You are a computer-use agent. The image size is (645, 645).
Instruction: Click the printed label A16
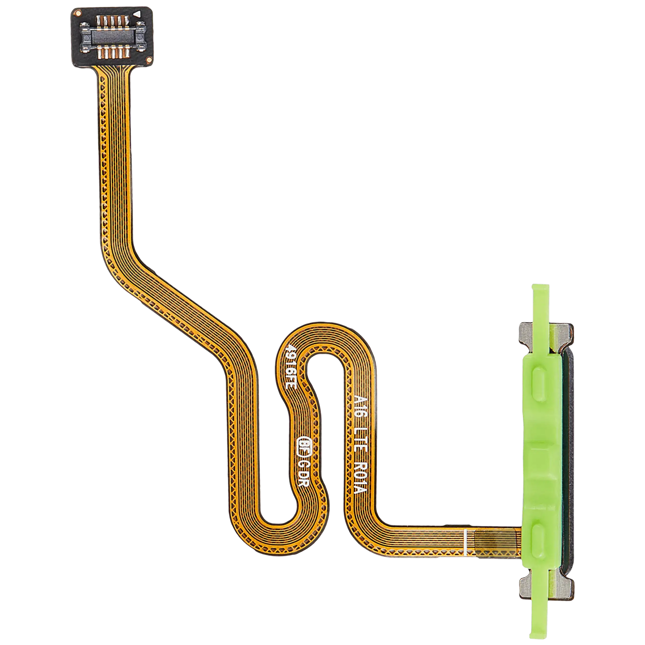click(x=358, y=402)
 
